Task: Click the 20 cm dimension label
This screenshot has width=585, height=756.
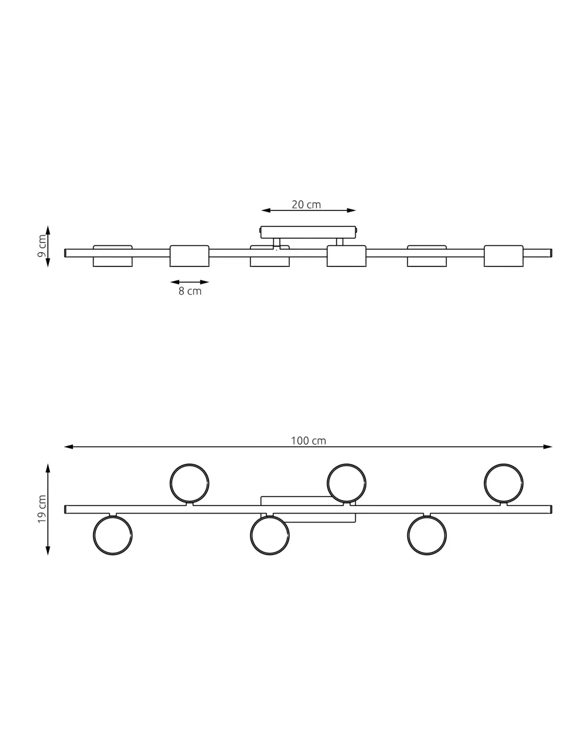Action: coord(306,205)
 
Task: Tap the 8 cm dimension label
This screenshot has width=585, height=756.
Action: coord(190,291)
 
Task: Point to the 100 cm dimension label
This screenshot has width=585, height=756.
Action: coord(308,441)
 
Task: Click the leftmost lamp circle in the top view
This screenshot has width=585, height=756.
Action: coord(113,536)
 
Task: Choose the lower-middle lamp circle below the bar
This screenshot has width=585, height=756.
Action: coord(270,536)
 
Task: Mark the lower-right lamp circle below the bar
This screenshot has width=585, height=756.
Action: coord(427,536)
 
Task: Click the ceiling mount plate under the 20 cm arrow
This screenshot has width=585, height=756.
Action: coord(308,232)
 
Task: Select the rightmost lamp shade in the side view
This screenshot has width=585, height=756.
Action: coord(504,256)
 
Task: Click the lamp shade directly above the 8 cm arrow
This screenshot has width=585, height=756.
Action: coord(189,256)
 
